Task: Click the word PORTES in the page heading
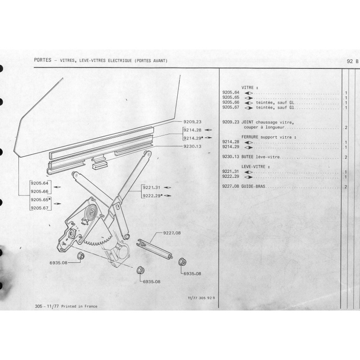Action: (42, 60)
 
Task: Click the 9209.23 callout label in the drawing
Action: (193, 122)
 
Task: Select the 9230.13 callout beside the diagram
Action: (193, 146)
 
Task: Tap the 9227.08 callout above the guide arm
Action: (172, 233)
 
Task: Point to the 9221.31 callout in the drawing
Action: (152, 188)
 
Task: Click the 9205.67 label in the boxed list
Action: (40, 208)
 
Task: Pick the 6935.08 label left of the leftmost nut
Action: (58, 263)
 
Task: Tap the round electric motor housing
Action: (123, 252)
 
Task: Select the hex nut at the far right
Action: (182, 262)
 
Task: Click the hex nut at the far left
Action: (81, 256)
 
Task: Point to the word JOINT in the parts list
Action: (247, 122)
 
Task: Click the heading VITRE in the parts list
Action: (247, 88)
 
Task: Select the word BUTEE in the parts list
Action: (247, 157)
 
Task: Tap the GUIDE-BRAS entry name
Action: (253, 186)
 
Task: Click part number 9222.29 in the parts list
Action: (230, 176)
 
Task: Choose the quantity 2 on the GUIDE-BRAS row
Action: (346, 187)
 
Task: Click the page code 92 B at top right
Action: (352, 61)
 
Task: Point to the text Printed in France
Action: (79, 306)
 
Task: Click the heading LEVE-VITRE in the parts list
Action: (253, 166)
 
